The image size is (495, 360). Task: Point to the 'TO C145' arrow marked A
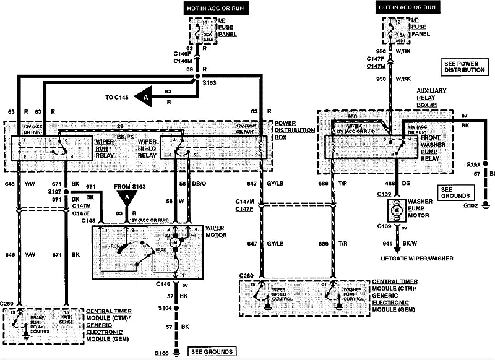(x=145, y=97)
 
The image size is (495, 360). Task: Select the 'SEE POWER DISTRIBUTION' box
(x=464, y=66)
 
